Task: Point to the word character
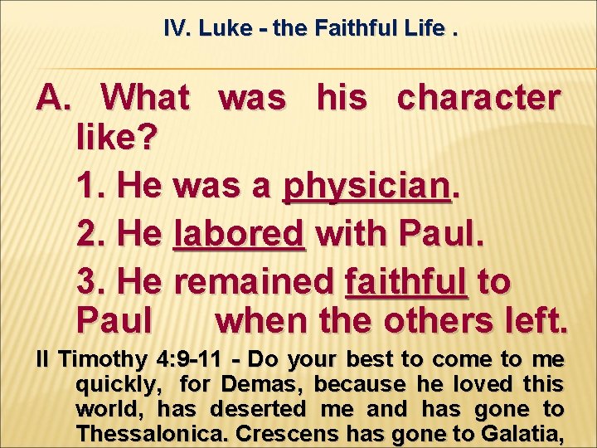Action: coord(478,99)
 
